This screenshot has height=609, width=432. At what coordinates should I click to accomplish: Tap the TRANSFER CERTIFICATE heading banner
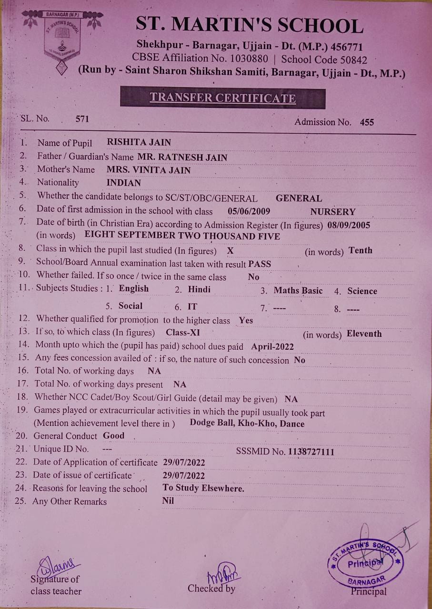coord(222,98)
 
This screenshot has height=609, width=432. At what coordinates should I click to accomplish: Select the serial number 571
coord(82,119)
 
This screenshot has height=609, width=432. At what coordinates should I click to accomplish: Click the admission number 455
coord(367,122)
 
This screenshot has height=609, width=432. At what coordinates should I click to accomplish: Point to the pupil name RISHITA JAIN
coord(139,142)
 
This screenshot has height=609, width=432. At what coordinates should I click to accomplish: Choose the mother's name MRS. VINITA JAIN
coord(148,170)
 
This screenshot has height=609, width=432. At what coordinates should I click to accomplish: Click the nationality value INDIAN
coord(124,183)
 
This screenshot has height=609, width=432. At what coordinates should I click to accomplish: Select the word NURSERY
coord(332,212)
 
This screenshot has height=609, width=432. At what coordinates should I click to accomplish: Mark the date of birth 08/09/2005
coord(349,225)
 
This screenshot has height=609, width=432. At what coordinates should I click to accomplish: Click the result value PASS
coord(260,264)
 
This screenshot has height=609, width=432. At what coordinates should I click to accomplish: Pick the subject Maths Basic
coord(298,291)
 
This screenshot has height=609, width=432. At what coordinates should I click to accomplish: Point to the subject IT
coord(192,306)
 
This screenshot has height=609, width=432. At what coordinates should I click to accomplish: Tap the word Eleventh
coord(364,334)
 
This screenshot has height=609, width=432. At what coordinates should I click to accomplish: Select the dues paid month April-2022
coord(272,347)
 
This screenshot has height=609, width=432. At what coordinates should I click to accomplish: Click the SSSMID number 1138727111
coord(311,452)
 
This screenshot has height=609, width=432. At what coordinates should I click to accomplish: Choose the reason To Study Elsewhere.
coord(203,488)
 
